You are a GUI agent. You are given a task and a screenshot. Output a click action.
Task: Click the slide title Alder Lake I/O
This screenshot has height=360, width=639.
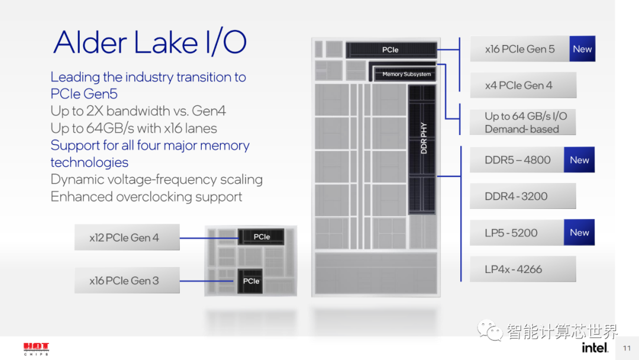pyautogui.click(x=150, y=43)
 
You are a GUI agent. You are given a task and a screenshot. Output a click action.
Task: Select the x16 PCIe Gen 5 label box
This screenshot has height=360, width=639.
pyautogui.click(x=520, y=49)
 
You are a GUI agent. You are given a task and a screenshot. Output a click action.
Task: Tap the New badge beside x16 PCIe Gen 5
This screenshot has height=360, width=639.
pyautogui.click(x=582, y=49)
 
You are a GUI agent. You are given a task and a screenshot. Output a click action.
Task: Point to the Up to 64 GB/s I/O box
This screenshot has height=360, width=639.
pyautogui.click(x=522, y=123)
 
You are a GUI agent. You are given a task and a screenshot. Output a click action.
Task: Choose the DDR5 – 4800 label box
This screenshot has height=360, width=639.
pyautogui.click(x=517, y=160)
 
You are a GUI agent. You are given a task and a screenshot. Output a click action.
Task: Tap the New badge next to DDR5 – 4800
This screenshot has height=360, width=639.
pyautogui.click(x=579, y=160)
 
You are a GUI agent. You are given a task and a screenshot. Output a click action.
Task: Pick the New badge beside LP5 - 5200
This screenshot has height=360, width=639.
pyautogui.click(x=579, y=233)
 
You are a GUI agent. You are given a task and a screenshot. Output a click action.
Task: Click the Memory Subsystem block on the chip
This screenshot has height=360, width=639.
pyautogui.click(x=406, y=74)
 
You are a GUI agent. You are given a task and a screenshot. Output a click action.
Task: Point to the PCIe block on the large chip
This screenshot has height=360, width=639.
pyautogui.click(x=390, y=50)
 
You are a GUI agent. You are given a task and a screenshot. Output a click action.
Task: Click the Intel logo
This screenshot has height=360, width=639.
pyautogui.click(x=595, y=347)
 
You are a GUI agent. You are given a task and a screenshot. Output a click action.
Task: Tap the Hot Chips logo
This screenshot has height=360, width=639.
pyautogui.click(x=36, y=348)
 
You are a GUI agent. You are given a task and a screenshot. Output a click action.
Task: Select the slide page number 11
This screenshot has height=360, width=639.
pyautogui.click(x=627, y=348)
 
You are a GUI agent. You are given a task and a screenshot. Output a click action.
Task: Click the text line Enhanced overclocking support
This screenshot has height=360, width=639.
pyautogui.click(x=146, y=197)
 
